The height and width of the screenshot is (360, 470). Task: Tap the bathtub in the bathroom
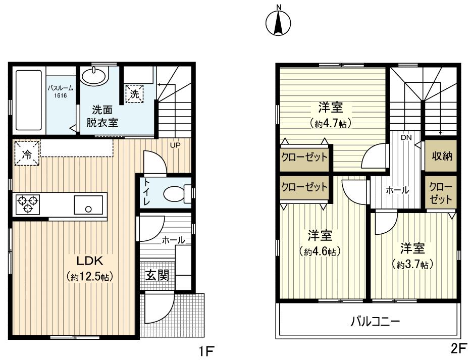coord(28,99)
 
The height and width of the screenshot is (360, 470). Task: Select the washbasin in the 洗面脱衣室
coord(94,77)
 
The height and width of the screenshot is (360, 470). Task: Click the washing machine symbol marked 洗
coord(135,93)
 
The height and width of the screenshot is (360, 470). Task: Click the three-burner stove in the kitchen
coord(28,204)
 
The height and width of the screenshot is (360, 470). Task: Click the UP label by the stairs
coord(175,145)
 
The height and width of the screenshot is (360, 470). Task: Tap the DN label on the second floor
coord(406,137)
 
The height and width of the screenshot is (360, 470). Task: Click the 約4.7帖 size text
coord(331,123)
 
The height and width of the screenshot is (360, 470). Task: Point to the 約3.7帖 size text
coord(412,264)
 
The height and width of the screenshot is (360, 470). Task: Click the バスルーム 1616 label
coord(61,90)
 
